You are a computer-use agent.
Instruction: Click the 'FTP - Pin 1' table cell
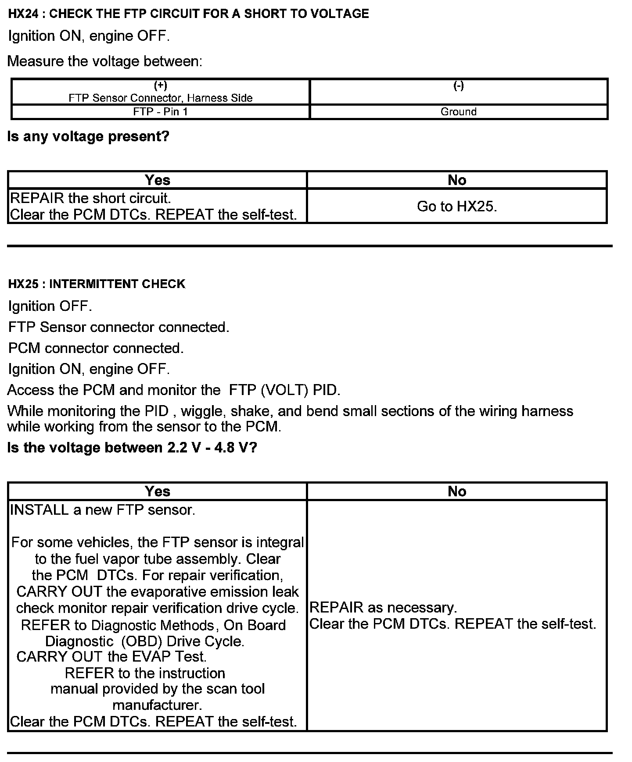click(x=160, y=112)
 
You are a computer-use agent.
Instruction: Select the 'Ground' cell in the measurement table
click(x=458, y=112)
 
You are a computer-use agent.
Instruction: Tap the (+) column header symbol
click(x=160, y=85)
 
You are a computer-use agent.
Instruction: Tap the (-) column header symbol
click(x=458, y=85)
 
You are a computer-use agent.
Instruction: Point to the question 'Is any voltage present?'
click(x=88, y=137)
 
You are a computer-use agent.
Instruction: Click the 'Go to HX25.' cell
click(x=456, y=206)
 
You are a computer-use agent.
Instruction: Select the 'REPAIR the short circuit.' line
click(x=90, y=198)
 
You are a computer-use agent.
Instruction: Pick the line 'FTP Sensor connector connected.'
click(x=118, y=327)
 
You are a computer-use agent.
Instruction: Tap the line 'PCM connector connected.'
click(x=96, y=348)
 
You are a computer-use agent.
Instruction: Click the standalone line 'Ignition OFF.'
click(x=50, y=306)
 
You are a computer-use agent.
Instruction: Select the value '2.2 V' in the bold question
click(x=183, y=448)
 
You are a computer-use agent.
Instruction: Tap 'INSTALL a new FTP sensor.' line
click(x=102, y=510)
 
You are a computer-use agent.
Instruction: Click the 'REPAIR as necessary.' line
click(x=383, y=607)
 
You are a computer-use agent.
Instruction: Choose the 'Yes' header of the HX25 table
click(x=157, y=491)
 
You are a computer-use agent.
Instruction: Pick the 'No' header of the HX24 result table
click(x=456, y=180)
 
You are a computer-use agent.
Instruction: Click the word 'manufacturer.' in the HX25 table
click(x=157, y=705)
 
